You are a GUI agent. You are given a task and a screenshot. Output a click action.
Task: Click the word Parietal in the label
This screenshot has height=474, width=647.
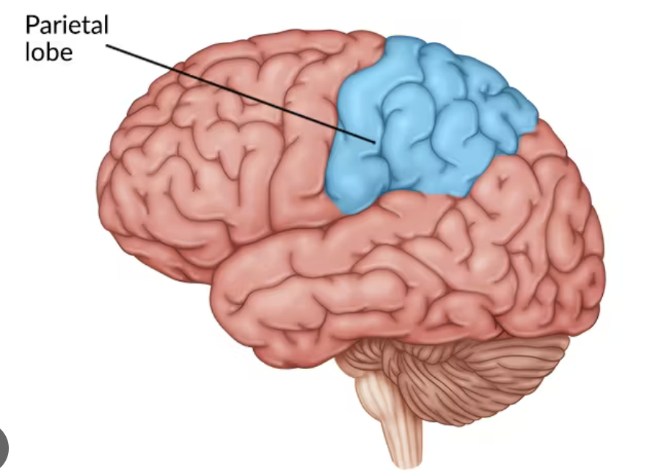point(67,26)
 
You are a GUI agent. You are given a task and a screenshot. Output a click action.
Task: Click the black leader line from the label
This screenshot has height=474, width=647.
point(242,93)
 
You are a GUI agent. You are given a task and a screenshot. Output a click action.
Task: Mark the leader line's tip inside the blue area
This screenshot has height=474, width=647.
point(375,140)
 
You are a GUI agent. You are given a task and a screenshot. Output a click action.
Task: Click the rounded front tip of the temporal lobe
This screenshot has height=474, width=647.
point(220,293)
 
